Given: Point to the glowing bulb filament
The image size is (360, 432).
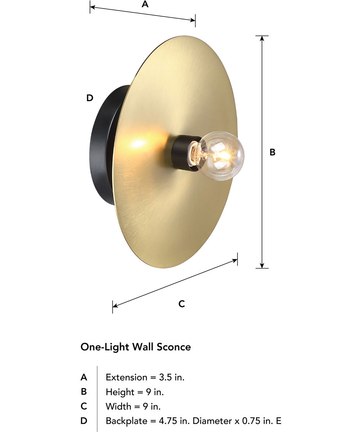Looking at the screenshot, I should click(220, 156).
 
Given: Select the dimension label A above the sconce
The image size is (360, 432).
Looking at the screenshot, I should click(145, 4).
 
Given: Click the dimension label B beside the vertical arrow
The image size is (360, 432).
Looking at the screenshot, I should click(273, 152).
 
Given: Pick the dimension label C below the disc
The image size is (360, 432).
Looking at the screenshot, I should click(182, 304).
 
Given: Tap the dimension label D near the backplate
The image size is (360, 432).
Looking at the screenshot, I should click(90, 98).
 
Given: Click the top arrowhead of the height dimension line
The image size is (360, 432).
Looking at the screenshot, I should click(262, 38).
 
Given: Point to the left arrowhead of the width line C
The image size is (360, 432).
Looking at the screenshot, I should click(115, 306).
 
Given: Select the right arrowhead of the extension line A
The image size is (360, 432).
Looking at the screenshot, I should click(193, 20).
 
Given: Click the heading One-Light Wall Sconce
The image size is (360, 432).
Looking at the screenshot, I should click(136, 347).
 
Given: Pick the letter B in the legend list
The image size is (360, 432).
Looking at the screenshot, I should click(84, 392).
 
